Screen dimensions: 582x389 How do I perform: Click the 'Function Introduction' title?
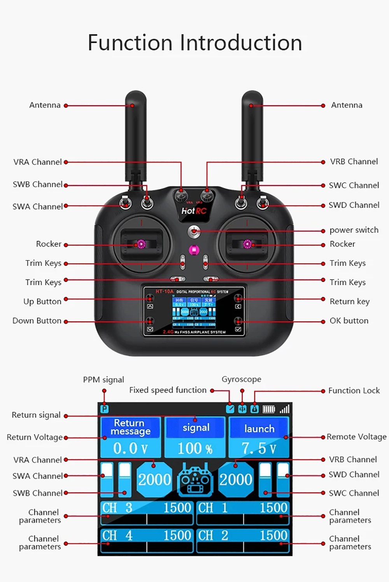[x=194, y=43]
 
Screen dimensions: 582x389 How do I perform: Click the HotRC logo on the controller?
[x=193, y=211]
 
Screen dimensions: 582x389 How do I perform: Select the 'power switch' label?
[x=354, y=230]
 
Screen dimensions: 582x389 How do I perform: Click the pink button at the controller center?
[x=194, y=250]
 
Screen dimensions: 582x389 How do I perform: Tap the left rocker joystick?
[x=140, y=244]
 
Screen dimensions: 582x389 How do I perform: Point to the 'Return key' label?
[x=349, y=302]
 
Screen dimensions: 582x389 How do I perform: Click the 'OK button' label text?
[x=349, y=321]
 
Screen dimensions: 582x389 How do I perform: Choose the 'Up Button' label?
[x=42, y=302]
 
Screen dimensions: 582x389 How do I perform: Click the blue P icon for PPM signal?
[x=104, y=409]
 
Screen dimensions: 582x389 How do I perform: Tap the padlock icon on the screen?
[x=254, y=409]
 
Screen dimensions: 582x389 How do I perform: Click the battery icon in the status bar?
[x=268, y=409]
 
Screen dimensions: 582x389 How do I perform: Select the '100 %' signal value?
[x=195, y=449]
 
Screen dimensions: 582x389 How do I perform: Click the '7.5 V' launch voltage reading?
[x=259, y=449]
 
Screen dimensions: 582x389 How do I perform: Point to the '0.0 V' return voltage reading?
[x=130, y=449]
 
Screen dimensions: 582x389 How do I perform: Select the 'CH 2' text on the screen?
[x=213, y=536]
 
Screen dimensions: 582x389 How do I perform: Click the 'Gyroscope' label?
[x=241, y=379]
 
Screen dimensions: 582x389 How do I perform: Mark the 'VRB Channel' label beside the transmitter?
[x=354, y=162]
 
